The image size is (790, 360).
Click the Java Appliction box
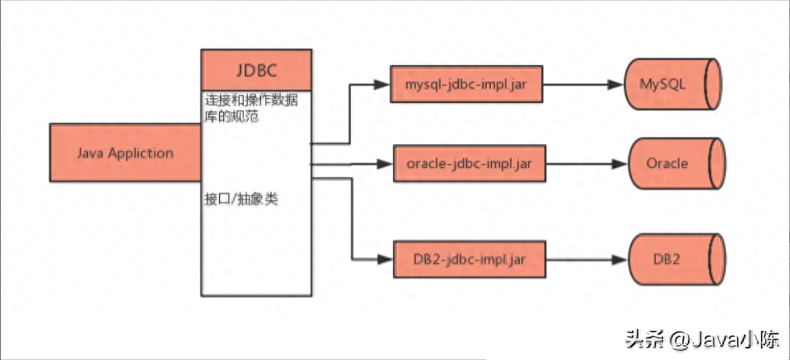tap(125, 153)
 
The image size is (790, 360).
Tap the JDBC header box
tap(256, 69)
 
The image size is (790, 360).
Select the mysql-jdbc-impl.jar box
tap(468, 85)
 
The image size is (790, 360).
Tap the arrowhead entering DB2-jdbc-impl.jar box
tap(383, 259)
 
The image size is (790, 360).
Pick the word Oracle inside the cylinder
tap(667, 163)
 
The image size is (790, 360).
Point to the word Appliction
tap(141, 153)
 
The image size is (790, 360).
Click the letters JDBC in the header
tap(256, 69)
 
